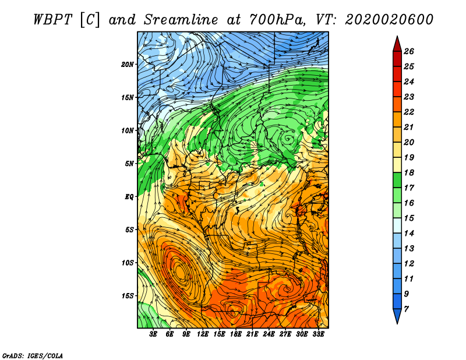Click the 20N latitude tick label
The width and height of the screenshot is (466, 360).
pyautogui.click(x=128, y=65)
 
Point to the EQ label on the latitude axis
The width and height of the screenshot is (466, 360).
pyautogui.click(x=129, y=197)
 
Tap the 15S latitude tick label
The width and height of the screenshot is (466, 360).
pyautogui.click(x=128, y=296)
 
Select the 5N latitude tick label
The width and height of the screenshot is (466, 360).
pyautogui.click(x=129, y=164)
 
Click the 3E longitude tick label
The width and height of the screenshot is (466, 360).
pyautogui.click(x=153, y=334)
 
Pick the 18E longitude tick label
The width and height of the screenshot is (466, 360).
pyautogui.click(x=235, y=334)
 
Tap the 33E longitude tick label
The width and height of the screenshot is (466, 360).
pyautogui.click(x=318, y=334)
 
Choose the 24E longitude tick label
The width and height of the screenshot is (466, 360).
pyautogui.click(x=269, y=334)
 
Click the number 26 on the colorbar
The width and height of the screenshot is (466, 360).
pyautogui.click(x=409, y=51)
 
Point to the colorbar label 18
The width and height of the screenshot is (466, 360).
pyautogui.click(x=409, y=172)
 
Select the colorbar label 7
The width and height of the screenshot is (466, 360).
pyautogui.click(x=406, y=309)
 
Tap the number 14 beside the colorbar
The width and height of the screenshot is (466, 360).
pyautogui.click(x=409, y=234)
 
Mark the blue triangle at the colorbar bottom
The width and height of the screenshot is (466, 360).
pyautogui.click(x=397, y=315)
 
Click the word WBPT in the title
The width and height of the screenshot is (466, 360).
pyautogui.click(x=52, y=20)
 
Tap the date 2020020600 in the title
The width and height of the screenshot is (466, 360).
pyautogui.click(x=389, y=20)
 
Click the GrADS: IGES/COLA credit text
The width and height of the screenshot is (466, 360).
pyautogui.click(x=33, y=356)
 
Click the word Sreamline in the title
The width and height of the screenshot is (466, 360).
pyautogui.click(x=181, y=20)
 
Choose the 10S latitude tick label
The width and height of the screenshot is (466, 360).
pyautogui.click(x=128, y=263)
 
